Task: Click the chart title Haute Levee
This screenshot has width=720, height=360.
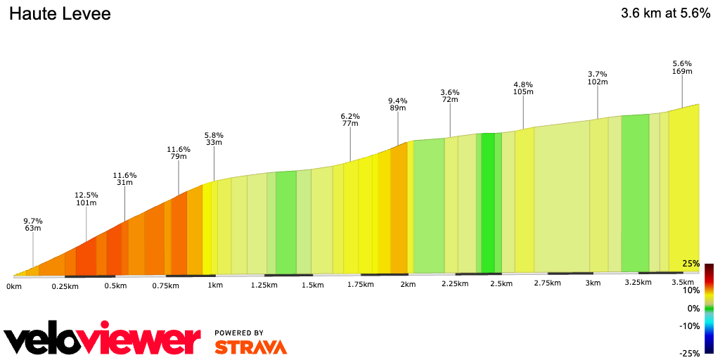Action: tap(60, 14)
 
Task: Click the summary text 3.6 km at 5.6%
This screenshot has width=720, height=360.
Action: tap(665, 14)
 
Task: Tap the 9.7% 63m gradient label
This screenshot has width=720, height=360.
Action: tap(32, 224)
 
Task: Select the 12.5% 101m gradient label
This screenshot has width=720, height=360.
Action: tap(86, 199)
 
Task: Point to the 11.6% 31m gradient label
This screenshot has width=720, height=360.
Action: tap(124, 179)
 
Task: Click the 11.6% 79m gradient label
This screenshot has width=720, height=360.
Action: tap(179, 153)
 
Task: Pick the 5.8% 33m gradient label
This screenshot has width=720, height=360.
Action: tap(214, 139)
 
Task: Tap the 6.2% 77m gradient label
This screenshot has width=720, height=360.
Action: tap(350, 120)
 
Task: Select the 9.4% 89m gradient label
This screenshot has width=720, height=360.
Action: tap(398, 104)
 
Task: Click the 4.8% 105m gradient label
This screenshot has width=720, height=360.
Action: tap(523, 88)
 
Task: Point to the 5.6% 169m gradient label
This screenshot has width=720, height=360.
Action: tap(683, 67)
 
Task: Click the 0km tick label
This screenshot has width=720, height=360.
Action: tap(14, 286)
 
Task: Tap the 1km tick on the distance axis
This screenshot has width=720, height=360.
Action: tap(215, 285)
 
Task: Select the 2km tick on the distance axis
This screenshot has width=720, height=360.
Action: tap(408, 284)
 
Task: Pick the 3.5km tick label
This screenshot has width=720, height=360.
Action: tap(683, 282)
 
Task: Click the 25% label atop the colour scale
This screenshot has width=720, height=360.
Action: tap(691, 264)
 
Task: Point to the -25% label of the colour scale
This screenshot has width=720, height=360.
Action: tap(690, 353)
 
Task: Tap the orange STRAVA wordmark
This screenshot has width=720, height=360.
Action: tap(250, 347)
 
